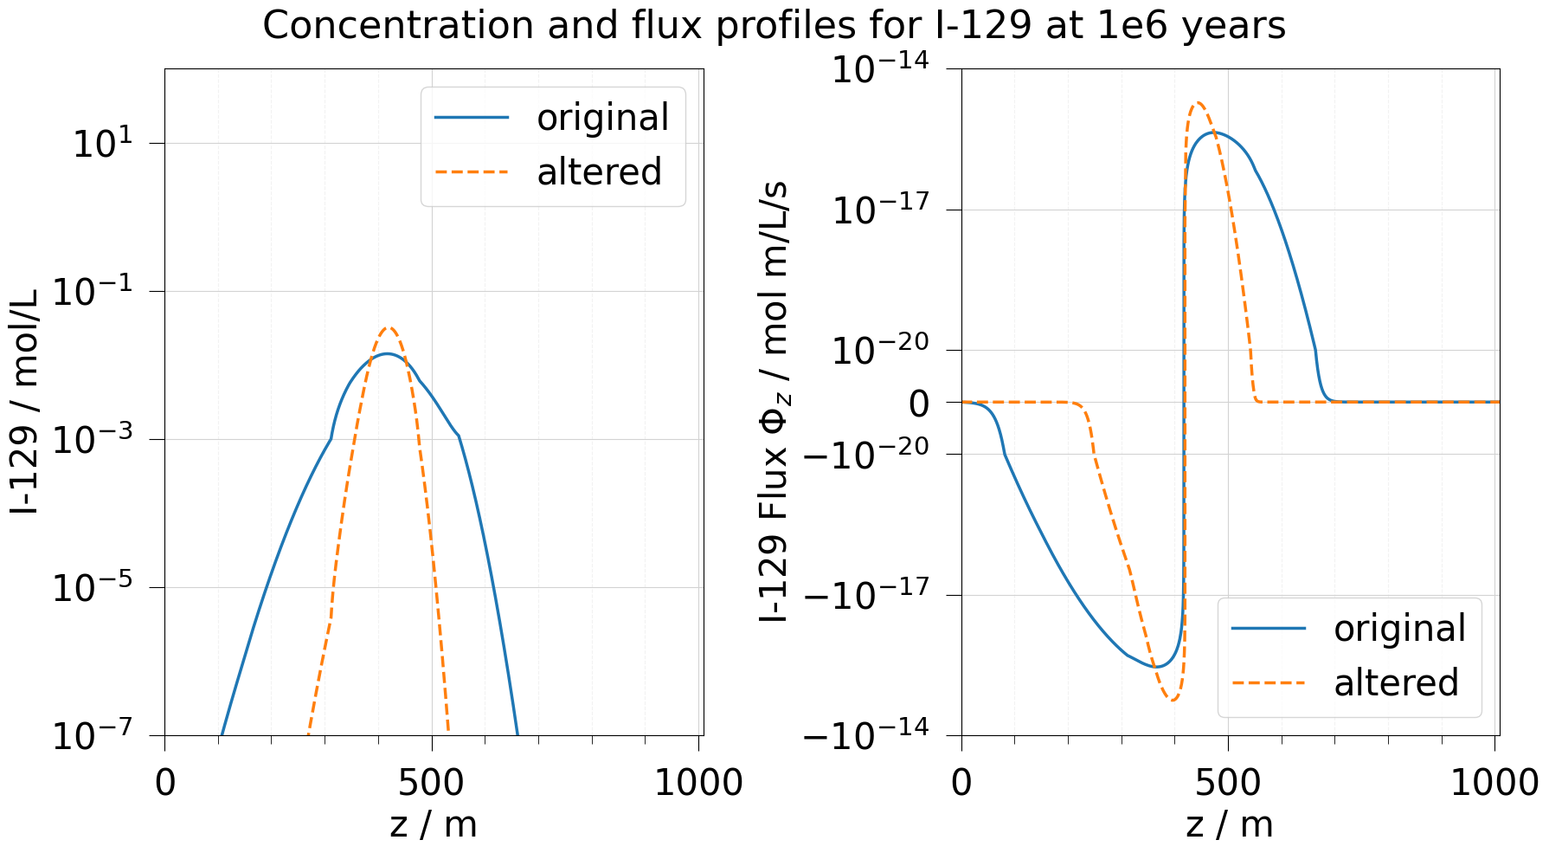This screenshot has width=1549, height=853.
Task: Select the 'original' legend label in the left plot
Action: click(x=602, y=118)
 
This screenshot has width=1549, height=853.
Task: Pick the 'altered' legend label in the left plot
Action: click(x=599, y=171)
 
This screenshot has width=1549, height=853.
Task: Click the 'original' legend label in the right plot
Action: click(x=1399, y=629)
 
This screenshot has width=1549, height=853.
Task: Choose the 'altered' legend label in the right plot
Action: click(x=1396, y=682)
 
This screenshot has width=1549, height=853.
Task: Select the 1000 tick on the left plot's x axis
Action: click(x=698, y=783)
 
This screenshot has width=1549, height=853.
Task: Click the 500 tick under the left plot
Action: click(x=432, y=783)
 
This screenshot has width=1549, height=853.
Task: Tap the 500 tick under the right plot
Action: click(x=1228, y=783)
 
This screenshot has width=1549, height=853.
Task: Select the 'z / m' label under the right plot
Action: click(x=1229, y=824)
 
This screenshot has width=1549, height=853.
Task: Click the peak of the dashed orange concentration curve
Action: click(x=389, y=327)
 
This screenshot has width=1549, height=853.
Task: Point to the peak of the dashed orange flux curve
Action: click(x=1199, y=102)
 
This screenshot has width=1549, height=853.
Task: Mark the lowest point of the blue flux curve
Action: click(x=1155, y=667)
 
